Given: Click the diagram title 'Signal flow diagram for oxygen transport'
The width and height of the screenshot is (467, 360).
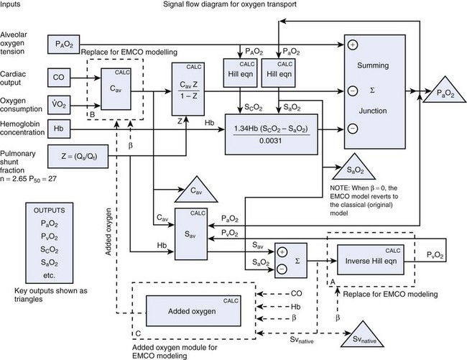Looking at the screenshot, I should (234, 6).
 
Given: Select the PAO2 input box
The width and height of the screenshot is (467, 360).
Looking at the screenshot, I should (65, 44).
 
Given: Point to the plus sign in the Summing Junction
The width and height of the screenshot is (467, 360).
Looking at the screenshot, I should (353, 45).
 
